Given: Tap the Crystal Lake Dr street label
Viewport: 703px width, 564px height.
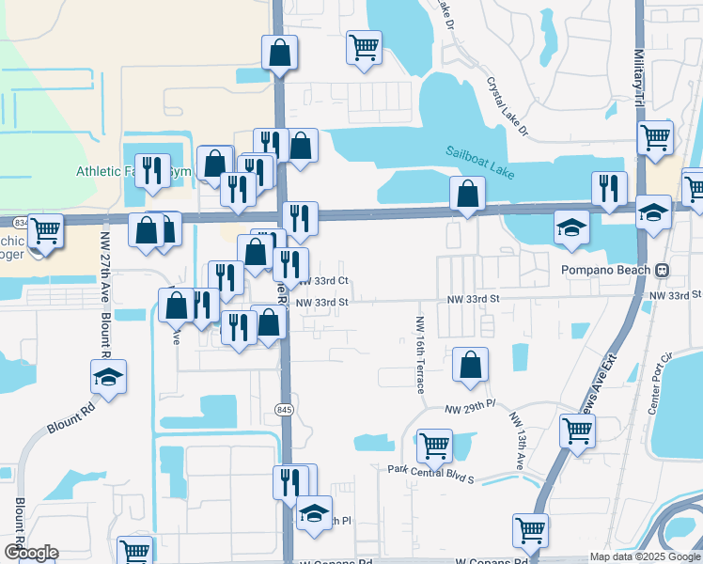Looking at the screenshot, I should click(x=508, y=105).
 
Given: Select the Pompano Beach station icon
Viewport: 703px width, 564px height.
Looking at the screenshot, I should click(x=663, y=269).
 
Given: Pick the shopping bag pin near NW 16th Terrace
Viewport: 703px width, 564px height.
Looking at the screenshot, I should click(x=470, y=365).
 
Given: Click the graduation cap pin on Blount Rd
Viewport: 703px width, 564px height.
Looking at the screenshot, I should click(x=109, y=377).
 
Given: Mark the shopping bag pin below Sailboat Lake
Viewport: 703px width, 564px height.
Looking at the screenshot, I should click(x=467, y=194).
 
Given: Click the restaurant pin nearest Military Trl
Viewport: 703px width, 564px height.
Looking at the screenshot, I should click(x=610, y=188).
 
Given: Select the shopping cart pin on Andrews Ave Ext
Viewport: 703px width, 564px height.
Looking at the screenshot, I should click(x=577, y=431).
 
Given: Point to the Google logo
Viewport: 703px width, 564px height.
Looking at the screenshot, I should click(x=31, y=553).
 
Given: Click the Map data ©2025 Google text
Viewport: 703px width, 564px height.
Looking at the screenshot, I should click(x=645, y=556).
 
